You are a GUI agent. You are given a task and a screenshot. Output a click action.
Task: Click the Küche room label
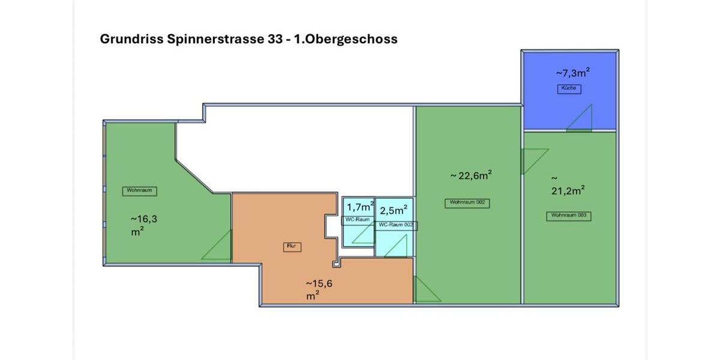tap(569, 88)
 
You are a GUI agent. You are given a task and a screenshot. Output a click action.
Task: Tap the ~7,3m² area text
tap(572, 73)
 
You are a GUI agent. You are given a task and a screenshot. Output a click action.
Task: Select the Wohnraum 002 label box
tap(467, 203)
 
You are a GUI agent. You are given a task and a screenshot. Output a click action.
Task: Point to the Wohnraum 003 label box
tap(568, 215)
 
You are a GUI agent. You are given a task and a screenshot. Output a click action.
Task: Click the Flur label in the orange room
tap(292, 246)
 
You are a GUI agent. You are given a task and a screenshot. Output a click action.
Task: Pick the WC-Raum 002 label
tap(397, 225)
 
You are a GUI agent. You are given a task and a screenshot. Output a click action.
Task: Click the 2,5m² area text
tap(394, 210)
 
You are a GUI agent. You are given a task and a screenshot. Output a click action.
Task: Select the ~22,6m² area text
tap(471, 175)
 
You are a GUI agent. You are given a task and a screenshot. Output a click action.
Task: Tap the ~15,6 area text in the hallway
tap(319, 283)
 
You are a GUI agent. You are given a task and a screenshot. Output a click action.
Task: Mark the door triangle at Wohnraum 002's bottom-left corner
tap(425, 291)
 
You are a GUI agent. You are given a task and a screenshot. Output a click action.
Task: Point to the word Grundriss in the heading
tap(129, 39)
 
